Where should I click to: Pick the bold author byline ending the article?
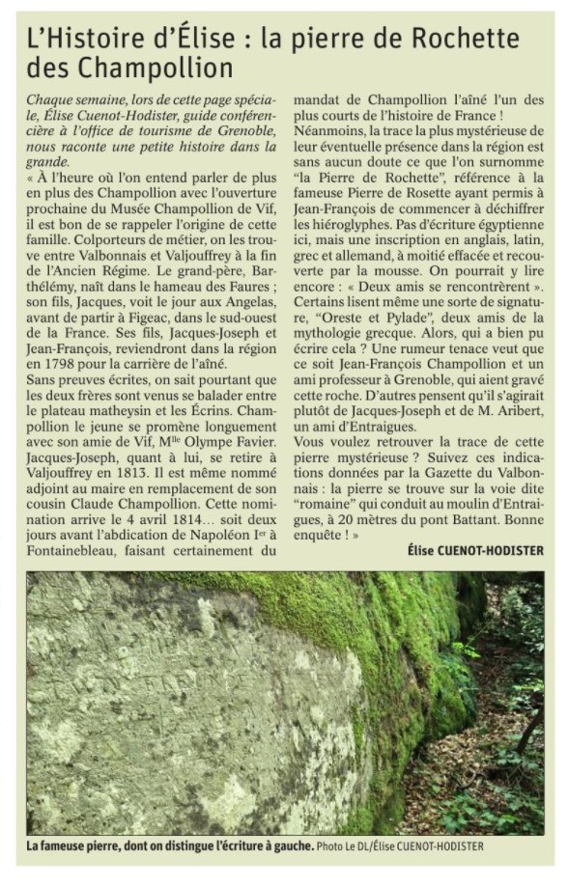[476, 551]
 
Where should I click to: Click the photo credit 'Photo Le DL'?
[341, 846]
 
